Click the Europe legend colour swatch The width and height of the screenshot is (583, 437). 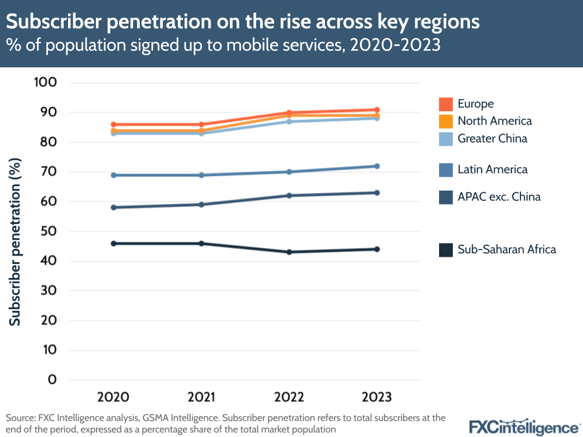[446, 104]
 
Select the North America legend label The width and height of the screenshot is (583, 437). [494, 121]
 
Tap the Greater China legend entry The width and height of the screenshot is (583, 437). [492, 138]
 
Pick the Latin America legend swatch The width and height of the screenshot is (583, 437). [446, 169]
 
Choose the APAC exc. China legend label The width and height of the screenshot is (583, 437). [499, 197]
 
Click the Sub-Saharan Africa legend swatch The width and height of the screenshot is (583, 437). [446, 249]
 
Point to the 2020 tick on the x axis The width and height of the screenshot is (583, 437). [113, 397]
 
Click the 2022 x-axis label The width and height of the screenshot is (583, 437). [289, 397]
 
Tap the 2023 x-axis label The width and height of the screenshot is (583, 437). [377, 397]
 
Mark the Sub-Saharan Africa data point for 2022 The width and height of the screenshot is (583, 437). [289, 252]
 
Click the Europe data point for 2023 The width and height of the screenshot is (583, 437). [377, 110]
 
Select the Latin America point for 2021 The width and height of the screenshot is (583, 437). [201, 175]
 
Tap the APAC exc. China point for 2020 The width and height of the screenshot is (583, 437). [113, 208]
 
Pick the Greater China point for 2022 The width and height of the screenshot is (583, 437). [289, 121]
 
